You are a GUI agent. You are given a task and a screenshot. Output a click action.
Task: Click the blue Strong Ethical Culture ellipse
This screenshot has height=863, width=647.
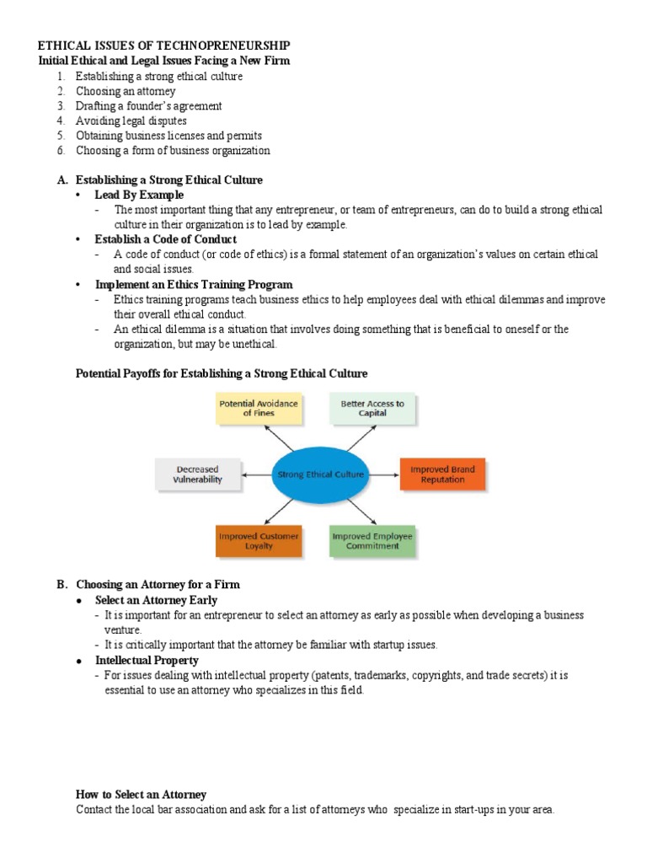[321, 474]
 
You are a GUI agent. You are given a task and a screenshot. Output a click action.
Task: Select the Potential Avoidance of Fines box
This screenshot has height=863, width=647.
[258, 409]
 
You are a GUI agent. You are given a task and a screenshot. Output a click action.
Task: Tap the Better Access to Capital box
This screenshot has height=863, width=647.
[372, 409]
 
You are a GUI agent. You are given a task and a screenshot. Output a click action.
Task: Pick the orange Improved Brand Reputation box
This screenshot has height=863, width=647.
[442, 474]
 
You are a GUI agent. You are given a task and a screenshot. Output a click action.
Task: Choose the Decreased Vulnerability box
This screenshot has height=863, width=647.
[198, 474]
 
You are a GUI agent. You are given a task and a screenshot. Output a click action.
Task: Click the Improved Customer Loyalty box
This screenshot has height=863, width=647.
[258, 541]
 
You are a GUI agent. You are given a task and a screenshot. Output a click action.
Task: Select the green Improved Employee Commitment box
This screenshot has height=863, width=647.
[372, 541]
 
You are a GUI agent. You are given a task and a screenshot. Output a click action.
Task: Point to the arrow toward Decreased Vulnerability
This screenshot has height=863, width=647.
[257, 475]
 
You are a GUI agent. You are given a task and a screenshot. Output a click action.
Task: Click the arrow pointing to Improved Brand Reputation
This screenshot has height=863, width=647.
[384, 475]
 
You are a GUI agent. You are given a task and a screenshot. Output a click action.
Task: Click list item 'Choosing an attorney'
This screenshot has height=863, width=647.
[126, 91]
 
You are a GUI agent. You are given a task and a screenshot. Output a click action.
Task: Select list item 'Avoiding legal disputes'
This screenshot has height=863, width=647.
[131, 121]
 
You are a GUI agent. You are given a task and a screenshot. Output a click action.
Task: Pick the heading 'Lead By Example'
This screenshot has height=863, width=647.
[139, 195]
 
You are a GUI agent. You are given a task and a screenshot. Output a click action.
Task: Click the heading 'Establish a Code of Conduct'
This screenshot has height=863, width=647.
[166, 239]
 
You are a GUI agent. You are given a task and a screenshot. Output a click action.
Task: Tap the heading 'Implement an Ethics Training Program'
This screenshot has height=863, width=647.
[194, 285]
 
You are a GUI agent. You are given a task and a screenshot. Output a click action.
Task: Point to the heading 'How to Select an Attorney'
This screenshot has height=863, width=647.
[141, 795]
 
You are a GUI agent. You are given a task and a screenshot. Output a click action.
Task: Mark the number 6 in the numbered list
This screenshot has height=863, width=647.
[61, 151]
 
